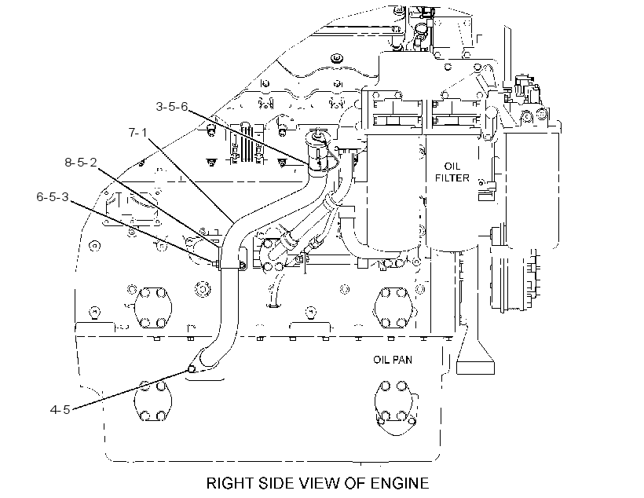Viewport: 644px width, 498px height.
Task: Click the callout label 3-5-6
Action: [x=172, y=107]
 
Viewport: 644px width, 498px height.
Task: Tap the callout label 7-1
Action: [x=137, y=132]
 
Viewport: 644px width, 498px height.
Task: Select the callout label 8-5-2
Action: [x=80, y=163]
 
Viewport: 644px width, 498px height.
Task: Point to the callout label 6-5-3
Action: [x=53, y=197]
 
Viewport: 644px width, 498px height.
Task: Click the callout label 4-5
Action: [x=60, y=409]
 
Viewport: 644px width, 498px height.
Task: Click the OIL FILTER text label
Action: [x=452, y=172]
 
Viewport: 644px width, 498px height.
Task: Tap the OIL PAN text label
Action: [x=392, y=360]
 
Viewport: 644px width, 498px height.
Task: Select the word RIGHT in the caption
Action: [x=230, y=483]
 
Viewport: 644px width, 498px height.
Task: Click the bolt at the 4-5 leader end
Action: [x=192, y=368]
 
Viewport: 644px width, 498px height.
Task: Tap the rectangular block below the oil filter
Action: [x=476, y=368]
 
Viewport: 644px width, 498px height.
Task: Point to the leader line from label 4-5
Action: [x=130, y=389]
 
